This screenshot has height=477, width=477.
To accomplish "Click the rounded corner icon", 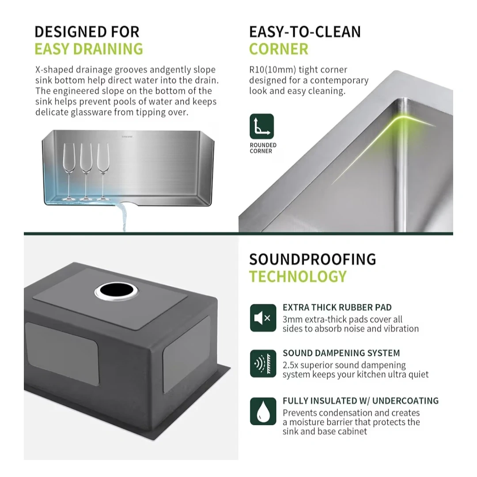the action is [x=261, y=126].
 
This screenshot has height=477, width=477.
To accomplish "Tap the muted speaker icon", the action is [x=263, y=318].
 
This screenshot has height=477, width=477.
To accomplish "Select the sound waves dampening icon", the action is [x=263, y=363].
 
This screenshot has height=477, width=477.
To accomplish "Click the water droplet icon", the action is [x=263, y=411].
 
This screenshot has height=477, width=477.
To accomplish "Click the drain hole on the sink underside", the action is [x=116, y=290].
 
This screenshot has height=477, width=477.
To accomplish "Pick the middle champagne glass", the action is [x=86, y=171].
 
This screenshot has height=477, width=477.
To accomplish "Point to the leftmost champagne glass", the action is [x=69, y=171].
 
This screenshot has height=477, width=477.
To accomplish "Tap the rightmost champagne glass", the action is [x=103, y=171].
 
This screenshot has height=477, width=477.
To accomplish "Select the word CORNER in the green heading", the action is [x=278, y=49].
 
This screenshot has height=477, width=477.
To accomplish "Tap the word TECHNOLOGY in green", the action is [x=298, y=276].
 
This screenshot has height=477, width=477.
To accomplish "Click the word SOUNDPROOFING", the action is [x=312, y=260].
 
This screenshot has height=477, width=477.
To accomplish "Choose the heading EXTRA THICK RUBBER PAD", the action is [x=337, y=307].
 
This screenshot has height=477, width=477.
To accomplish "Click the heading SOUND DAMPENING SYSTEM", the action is [x=341, y=353].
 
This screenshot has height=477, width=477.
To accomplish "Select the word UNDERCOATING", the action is [x=405, y=401].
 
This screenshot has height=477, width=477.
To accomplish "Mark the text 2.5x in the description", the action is [x=290, y=365].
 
